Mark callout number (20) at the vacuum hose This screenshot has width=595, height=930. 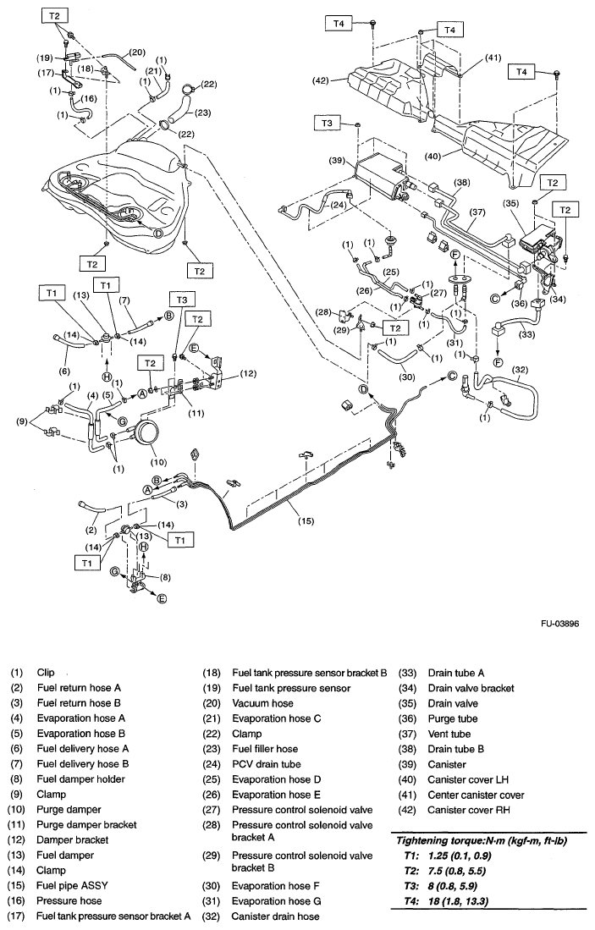138,52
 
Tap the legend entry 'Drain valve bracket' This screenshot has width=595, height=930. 471,688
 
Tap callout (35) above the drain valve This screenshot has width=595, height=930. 510,204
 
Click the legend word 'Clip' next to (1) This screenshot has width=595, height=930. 46,673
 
